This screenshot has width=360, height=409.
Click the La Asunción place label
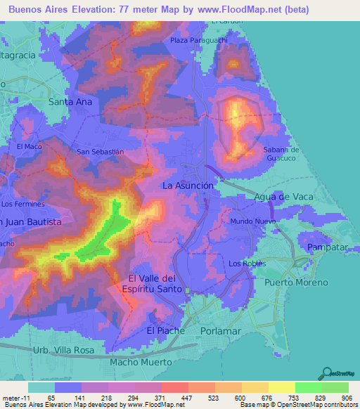pos(188,186)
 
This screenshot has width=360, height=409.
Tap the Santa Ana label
pos(70,101)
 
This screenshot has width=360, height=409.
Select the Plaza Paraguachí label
pos(199,40)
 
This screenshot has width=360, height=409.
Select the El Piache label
pos(165,330)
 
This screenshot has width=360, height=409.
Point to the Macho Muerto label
pos(141,362)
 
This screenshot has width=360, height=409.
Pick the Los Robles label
pos(247,264)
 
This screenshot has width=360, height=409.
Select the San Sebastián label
pos(100,151)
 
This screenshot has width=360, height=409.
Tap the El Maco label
pos(30,146)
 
